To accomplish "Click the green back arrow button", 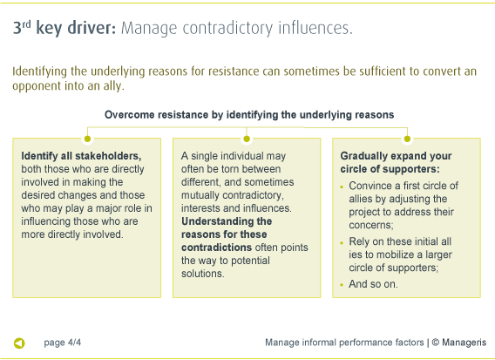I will [19, 343].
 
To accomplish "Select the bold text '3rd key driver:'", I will [64, 28].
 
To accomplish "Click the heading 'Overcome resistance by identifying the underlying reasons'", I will [249, 114].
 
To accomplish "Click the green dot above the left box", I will [87, 138].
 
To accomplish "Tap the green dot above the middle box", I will [247, 138].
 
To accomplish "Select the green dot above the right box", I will [406, 138].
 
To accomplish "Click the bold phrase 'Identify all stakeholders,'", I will [81, 156].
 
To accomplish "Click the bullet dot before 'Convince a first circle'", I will [342, 187].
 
